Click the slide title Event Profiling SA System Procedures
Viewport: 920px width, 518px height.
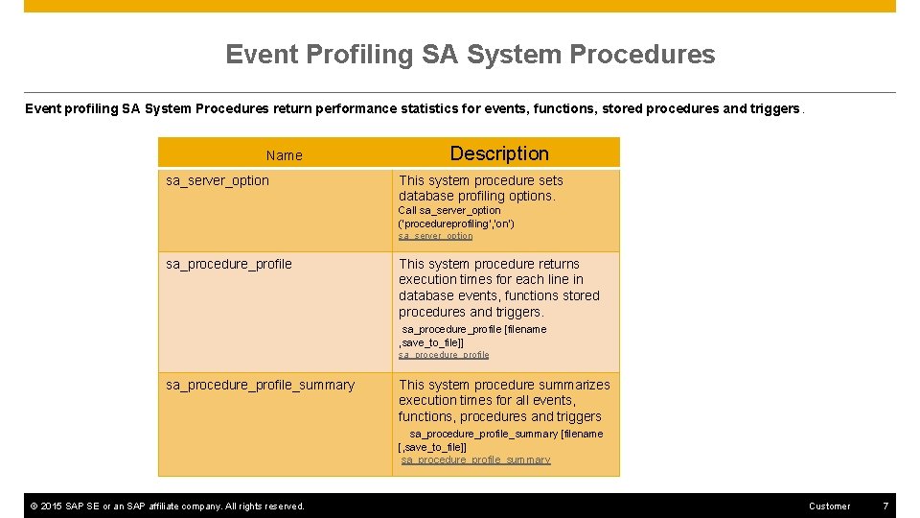pos(470,55)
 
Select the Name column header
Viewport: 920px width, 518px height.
pos(284,155)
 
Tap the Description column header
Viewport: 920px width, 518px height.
pos(499,153)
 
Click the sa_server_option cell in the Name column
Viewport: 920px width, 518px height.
pos(218,180)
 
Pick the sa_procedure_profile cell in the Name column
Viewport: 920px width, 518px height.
pos(229,264)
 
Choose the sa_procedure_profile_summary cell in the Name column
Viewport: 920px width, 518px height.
pos(260,385)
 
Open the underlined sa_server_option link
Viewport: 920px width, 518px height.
pos(435,236)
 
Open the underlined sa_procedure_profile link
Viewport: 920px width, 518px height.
pos(444,355)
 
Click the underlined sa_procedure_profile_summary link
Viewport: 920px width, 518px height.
pos(475,460)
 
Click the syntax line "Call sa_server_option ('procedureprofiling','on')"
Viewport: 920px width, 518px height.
pos(456,217)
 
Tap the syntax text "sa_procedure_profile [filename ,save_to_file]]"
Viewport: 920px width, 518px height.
pos(472,336)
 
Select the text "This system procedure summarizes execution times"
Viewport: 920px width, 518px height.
pos(503,392)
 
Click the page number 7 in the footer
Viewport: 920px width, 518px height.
pos(885,506)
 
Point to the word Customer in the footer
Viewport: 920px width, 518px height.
pos(829,506)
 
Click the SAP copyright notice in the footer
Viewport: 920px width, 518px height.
pos(168,506)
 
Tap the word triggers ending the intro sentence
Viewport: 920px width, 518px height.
pos(773,108)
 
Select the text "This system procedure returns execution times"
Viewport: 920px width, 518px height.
pos(490,271)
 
